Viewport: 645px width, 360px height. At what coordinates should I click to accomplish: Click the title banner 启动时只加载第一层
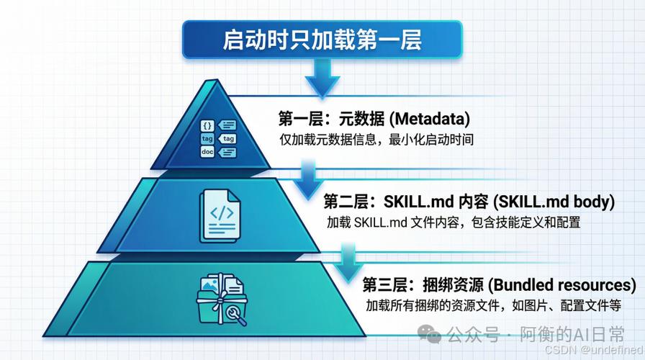(322, 39)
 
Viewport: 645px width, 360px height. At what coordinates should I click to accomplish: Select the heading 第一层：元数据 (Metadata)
(374, 117)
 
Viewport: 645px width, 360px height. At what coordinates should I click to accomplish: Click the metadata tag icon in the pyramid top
(217, 138)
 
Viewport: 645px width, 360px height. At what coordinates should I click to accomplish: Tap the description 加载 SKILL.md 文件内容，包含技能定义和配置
(453, 222)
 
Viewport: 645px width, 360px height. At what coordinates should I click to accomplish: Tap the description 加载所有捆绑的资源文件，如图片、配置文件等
(493, 305)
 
